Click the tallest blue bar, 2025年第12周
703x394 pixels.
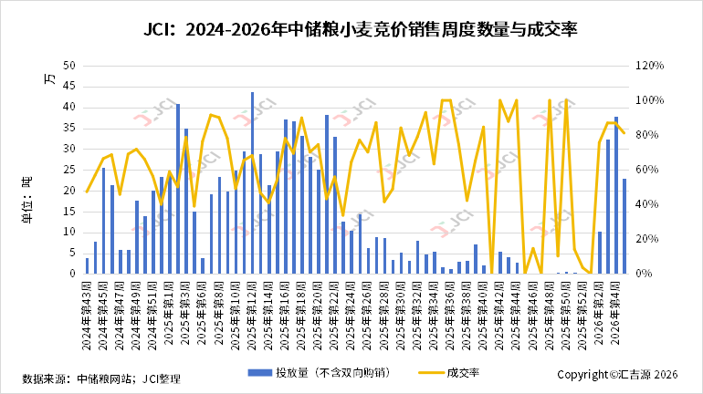pyautogui.click(x=252, y=182)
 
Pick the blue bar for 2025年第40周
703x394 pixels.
pyautogui.click(x=484, y=269)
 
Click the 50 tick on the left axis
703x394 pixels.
pyautogui.click(x=69, y=66)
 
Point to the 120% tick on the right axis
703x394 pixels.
pyautogui.click(x=650, y=66)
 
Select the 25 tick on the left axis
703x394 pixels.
pyautogui.click(x=69, y=170)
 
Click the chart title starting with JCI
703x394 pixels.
pyautogui.click(x=351, y=29)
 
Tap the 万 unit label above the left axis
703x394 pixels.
pyautogui.click(x=49, y=78)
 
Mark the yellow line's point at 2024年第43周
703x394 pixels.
pyautogui.click(x=87, y=192)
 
